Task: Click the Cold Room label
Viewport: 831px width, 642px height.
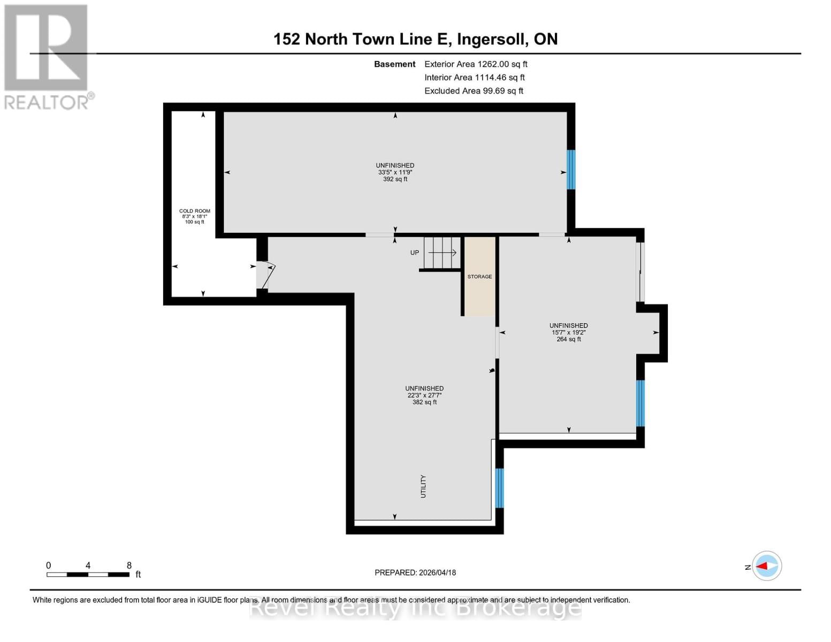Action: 194,211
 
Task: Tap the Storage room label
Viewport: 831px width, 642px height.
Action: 479,277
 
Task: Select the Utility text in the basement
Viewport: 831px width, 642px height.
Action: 423,486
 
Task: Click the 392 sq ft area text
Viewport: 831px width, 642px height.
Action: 395,179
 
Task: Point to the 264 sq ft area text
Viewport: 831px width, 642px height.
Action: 568,339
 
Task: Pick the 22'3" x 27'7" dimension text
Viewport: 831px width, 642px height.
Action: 424,395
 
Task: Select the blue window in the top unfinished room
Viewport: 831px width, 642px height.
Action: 571,170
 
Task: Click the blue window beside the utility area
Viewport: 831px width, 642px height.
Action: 499,488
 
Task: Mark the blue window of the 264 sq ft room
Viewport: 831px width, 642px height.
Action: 640,403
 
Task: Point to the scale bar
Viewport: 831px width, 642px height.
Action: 88,575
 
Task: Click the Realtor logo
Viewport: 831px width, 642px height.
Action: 47,56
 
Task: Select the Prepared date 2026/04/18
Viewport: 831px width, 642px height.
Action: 415,572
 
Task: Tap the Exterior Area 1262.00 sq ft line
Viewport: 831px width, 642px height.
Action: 476,64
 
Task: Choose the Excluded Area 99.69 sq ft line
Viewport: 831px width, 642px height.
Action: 474,91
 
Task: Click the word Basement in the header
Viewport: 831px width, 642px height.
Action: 394,64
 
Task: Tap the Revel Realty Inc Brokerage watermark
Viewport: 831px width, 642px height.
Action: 415,608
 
